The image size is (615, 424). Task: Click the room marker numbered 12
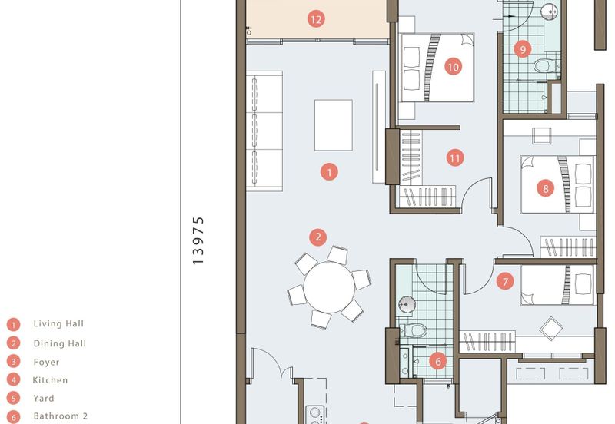tap(316, 19)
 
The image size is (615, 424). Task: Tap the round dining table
tap(329, 287)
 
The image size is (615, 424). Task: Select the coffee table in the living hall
tap(334, 125)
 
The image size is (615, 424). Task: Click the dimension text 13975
tap(198, 240)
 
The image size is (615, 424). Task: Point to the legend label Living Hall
tap(58, 323)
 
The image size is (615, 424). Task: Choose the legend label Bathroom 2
tap(61, 416)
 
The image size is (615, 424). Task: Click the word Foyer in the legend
tap(46, 362)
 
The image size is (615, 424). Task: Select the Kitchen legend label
tap(50, 380)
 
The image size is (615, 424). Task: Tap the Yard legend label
tap(44, 398)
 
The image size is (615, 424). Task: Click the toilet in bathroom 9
tap(545, 65)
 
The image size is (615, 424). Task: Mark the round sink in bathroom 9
tap(549, 11)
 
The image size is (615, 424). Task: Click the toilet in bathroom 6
tap(415, 331)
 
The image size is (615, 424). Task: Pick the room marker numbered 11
tap(455, 158)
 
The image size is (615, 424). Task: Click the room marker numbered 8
tap(546, 189)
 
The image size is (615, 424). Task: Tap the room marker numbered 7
tap(505, 281)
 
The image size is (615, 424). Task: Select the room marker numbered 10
tap(453, 67)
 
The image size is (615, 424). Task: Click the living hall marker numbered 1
tap(329, 171)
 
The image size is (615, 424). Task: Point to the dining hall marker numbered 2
tap(317, 237)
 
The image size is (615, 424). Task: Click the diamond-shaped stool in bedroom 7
tap(551, 329)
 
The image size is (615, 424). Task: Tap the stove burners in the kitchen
tap(315, 416)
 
